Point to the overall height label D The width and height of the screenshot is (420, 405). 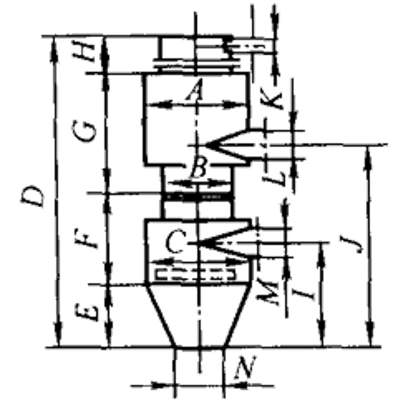click(33, 196)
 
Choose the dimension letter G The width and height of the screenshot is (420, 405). click(84, 132)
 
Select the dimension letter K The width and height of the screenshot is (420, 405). click(273, 100)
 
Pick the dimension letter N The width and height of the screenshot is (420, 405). click(245, 367)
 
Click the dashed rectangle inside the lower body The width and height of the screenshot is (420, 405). click(196, 274)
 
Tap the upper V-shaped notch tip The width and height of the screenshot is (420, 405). click(206, 145)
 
